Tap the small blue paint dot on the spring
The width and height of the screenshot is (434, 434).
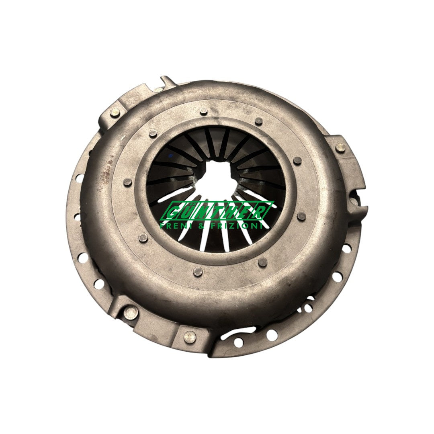[169, 156]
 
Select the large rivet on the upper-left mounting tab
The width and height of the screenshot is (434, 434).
[114, 113]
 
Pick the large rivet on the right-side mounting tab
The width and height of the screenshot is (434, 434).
[340, 148]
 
